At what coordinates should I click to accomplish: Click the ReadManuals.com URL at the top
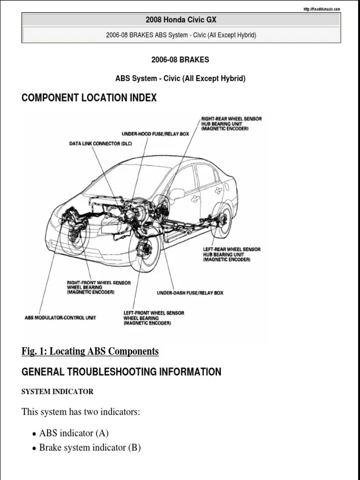point(322,9)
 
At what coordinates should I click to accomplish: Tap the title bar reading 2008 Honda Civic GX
point(181,20)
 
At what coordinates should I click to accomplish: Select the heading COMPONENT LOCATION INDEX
point(89,98)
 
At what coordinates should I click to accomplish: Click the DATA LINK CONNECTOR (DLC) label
point(101,143)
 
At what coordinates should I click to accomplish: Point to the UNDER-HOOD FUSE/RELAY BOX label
point(155,134)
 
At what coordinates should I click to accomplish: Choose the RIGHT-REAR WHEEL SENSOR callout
point(232,123)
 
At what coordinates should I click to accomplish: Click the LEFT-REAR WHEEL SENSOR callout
point(232,254)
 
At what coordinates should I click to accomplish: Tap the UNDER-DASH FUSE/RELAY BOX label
point(190,293)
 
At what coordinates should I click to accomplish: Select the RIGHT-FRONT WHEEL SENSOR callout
point(98,287)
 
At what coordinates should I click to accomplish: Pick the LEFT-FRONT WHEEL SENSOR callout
point(154,318)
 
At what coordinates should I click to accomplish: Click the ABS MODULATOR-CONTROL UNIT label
point(60,317)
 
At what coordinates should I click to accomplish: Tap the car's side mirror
point(177,194)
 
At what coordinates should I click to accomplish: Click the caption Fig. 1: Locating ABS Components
point(90,351)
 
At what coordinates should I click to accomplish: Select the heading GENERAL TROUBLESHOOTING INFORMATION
point(121,372)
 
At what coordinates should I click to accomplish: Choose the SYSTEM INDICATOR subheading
point(57,391)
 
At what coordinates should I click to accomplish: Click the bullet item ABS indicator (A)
point(74,433)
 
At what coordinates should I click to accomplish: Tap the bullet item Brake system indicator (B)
point(90,447)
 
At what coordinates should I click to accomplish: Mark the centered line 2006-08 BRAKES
point(180,60)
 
